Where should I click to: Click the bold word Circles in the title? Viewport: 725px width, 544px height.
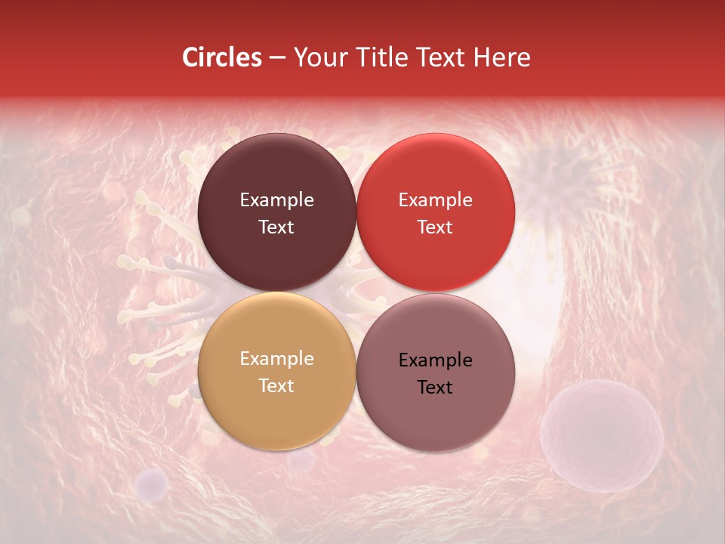221,57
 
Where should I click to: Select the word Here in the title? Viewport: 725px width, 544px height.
502,57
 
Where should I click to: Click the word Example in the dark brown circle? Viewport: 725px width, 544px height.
276,200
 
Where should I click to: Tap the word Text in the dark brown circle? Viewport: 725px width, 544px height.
276,227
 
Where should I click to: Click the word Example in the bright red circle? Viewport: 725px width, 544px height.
435,200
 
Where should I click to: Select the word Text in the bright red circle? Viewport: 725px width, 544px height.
435,227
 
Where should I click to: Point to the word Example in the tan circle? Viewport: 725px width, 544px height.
276,359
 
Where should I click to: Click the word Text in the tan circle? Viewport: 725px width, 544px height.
276,386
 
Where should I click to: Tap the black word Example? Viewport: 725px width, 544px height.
435,360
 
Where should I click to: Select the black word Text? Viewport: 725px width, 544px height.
435,388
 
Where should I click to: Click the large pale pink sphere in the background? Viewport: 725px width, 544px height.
602,435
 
